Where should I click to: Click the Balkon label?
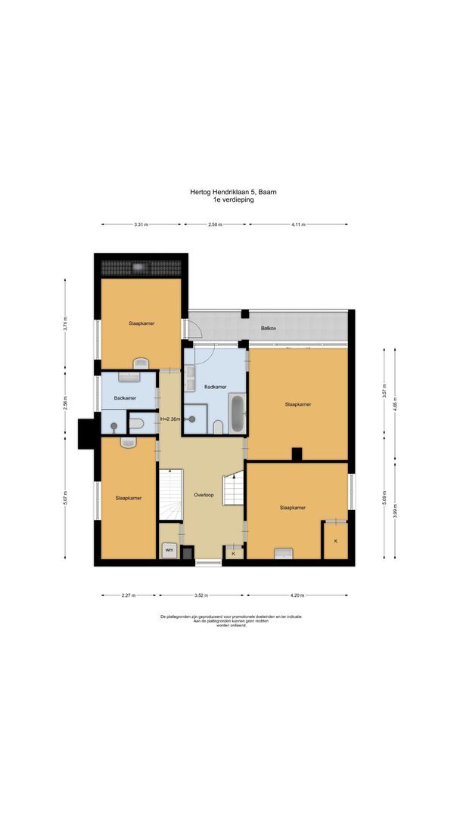268,328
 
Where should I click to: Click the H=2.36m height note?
169,419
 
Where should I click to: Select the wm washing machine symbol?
169,550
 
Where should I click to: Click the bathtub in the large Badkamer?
237,413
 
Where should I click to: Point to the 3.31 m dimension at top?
141,224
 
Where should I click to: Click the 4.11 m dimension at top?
298,224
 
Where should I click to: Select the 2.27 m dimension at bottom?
129,595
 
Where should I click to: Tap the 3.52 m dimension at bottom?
201,595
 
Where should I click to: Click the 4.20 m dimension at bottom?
298,595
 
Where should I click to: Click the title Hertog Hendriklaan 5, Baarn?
233,193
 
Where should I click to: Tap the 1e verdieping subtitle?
233,200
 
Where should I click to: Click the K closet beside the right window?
335,541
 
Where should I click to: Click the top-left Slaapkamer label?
141,323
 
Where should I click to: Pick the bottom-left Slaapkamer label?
129,498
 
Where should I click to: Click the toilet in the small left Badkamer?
137,424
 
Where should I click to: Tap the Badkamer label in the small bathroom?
125,397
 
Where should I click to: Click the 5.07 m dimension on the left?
65,498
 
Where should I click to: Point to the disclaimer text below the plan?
231,621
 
